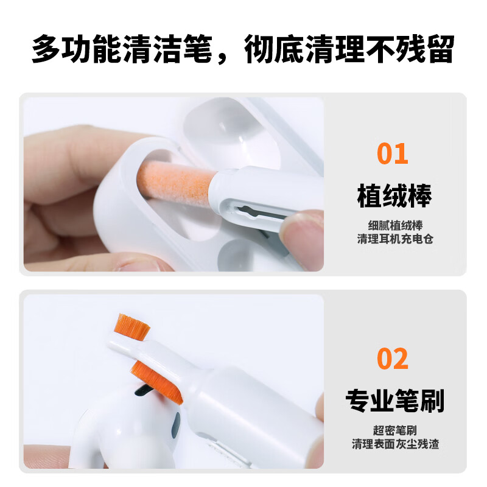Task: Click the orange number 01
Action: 393,153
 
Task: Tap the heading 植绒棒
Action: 394,197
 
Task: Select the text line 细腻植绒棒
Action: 394,224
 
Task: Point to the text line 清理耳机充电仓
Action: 394,239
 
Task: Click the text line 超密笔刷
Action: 394,430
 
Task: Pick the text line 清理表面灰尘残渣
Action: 394,444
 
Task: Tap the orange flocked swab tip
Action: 173,181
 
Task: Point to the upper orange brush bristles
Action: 133,327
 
